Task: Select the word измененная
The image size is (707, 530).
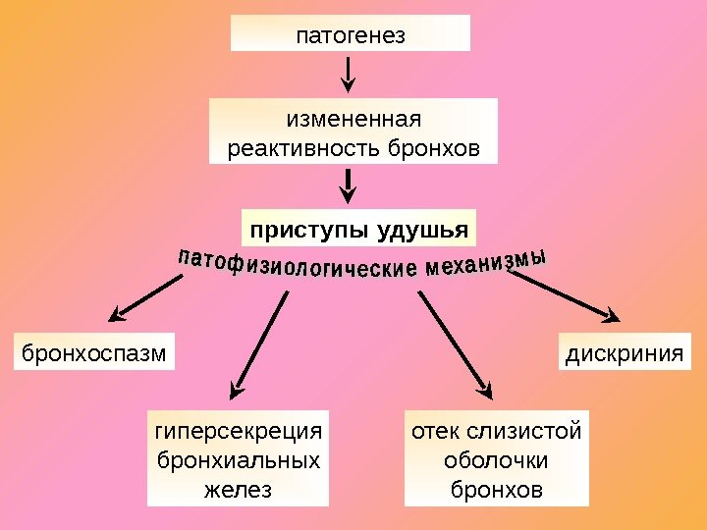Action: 353,120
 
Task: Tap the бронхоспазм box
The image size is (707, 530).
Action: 94,351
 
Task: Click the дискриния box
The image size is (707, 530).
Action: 625,351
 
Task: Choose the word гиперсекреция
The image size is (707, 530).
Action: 239,432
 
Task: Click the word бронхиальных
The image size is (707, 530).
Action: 239,460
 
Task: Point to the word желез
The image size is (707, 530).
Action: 239,489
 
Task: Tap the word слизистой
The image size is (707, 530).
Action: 525,432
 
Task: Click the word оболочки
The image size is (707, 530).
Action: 496,460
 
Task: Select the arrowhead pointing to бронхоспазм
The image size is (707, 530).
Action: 117,315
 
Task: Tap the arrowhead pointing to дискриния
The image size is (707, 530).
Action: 612,316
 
